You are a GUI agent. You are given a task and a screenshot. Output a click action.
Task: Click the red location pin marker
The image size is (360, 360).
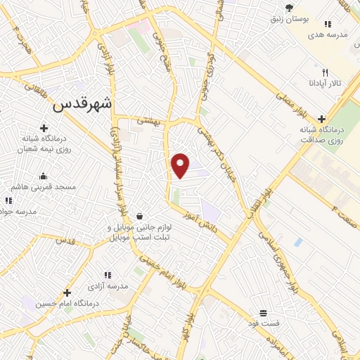[x=181, y=166]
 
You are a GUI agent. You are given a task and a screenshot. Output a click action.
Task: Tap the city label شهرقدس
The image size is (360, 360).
[x=83, y=103]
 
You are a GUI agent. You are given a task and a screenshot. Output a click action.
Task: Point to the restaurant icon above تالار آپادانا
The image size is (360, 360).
[x=325, y=72]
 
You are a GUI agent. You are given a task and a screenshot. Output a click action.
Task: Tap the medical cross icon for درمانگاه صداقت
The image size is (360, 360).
[x=322, y=119]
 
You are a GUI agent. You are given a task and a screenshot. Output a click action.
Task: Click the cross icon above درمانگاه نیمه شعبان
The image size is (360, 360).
[x=44, y=128]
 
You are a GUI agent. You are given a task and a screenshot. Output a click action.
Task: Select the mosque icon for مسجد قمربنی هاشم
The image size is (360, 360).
[x=44, y=176]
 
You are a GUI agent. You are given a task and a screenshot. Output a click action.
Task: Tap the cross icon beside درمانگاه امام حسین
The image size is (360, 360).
[x=67, y=292]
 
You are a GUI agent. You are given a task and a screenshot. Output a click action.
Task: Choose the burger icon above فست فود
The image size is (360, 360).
[x=263, y=312]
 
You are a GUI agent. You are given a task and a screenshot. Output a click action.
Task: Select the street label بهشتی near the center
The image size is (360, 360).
[x=149, y=121]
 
